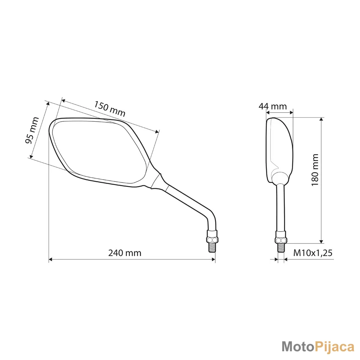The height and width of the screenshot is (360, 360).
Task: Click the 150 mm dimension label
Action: point(109,109)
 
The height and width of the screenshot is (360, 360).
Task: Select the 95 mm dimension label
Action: point(32,130)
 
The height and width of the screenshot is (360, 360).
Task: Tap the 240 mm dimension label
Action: point(125,253)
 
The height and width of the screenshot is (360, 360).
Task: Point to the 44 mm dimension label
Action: point(273,106)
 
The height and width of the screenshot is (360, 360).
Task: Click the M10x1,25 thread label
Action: point(313,253)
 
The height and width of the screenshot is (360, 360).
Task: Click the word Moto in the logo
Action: point(297,346)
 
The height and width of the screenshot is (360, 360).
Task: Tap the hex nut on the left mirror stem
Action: point(212,239)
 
